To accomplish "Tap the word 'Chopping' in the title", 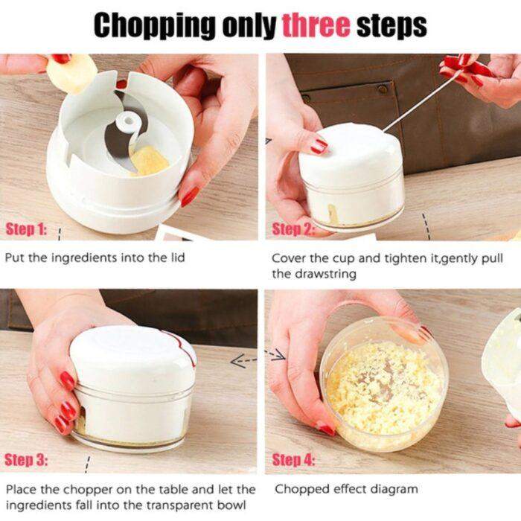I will [153, 25].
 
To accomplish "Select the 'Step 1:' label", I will [27, 230].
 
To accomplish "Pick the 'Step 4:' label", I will [293, 460].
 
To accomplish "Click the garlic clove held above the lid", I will [71, 73].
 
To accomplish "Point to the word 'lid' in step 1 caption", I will [176, 258].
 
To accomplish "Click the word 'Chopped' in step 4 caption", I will [301, 489].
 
